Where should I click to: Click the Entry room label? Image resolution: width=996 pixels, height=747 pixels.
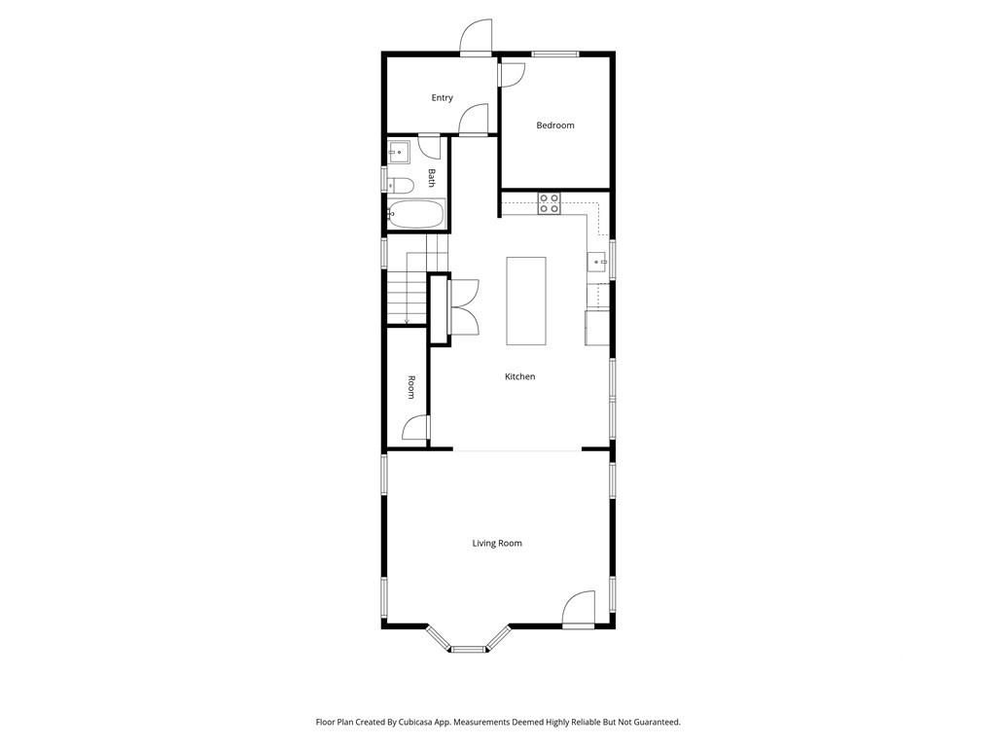(x=443, y=98)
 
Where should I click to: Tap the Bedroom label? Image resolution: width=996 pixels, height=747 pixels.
(x=555, y=125)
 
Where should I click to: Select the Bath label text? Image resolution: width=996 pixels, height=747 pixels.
(x=432, y=178)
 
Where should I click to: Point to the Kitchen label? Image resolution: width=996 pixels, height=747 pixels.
(x=519, y=376)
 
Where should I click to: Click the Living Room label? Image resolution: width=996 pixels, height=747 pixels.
(x=497, y=543)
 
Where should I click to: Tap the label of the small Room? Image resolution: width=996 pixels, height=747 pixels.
(x=411, y=387)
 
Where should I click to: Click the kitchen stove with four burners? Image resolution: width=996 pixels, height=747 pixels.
(x=550, y=203)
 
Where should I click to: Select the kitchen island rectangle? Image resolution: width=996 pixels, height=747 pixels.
(x=526, y=302)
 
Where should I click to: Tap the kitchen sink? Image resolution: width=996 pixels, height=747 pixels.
(x=597, y=261)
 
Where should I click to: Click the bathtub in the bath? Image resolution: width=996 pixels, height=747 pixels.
(x=416, y=214)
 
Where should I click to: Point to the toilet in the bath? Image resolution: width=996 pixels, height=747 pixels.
(x=401, y=186)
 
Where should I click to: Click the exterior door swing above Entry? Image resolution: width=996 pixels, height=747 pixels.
(x=477, y=37)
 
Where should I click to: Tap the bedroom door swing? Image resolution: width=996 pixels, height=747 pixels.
(x=513, y=74)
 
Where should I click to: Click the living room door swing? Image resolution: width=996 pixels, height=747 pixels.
(x=579, y=609)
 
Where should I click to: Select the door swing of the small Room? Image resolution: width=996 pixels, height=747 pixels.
(x=416, y=428)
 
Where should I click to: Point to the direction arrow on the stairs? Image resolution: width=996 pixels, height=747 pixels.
(x=407, y=319)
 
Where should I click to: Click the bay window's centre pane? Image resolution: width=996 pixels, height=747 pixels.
(x=468, y=649)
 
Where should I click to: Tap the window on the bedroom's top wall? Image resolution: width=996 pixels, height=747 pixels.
(x=555, y=54)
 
